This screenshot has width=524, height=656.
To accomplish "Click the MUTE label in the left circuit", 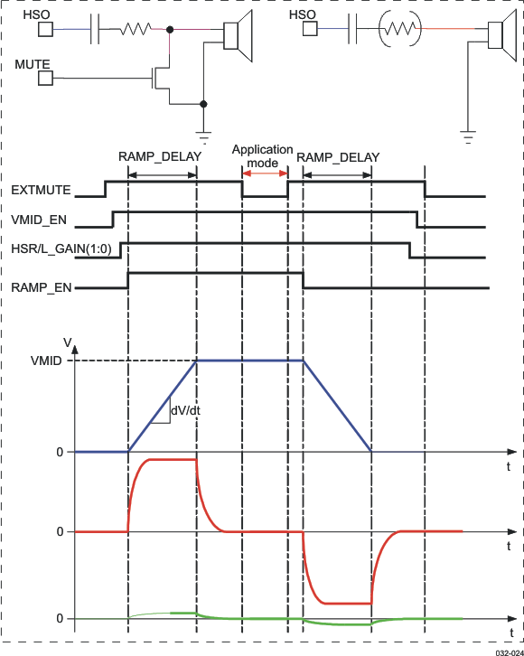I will tap(32, 65).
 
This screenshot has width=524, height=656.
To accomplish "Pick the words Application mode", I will tap(263, 156).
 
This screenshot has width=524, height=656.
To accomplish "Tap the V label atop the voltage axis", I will tap(67, 342).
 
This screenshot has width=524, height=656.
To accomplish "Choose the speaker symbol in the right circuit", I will tap(495, 35).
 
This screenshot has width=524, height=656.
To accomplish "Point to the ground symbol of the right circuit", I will tap(467, 136).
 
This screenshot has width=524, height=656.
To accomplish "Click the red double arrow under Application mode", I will tap(265, 173).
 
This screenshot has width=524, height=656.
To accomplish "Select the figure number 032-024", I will tap(508, 649).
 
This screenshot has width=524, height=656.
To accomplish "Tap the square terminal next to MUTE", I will tap(45, 79).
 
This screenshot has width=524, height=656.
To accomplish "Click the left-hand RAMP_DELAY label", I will tap(159, 156).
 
